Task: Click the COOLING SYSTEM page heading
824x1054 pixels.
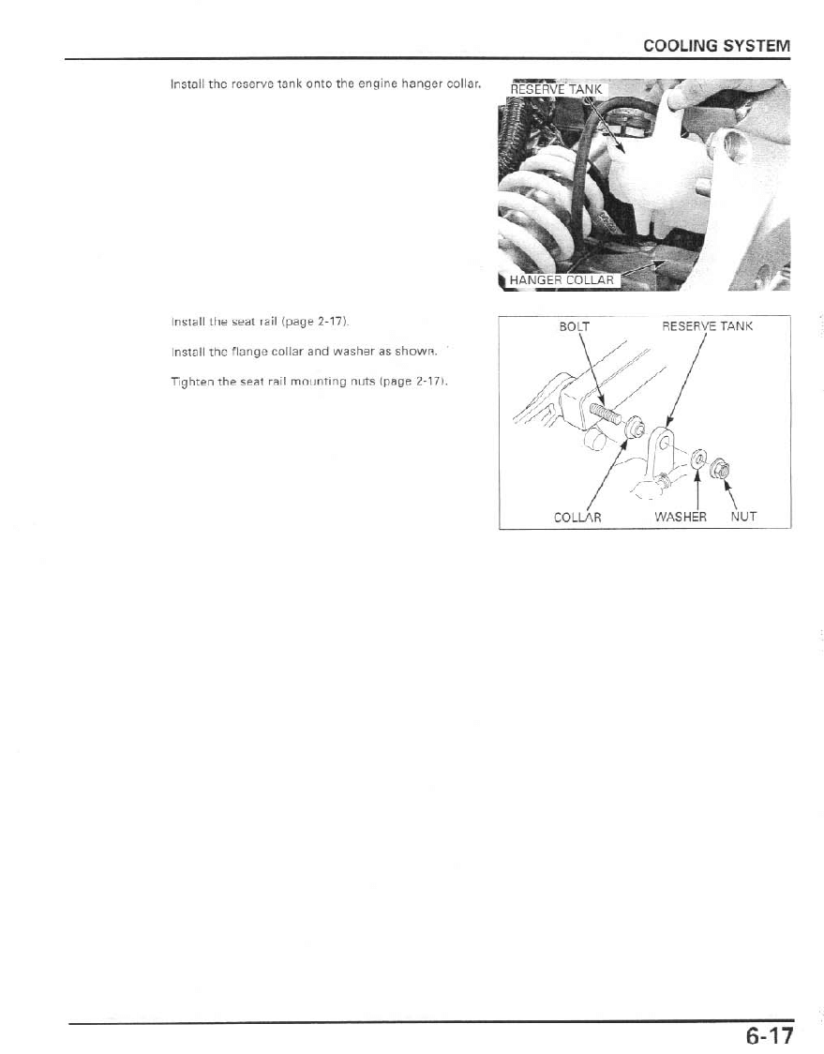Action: click(x=715, y=46)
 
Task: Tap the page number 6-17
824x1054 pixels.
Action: click(x=770, y=1036)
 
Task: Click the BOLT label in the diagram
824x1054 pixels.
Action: click(x=574, y=326)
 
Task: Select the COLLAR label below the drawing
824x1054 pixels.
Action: click(x=577, y=517)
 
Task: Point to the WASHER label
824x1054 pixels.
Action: click(x=682, y=517)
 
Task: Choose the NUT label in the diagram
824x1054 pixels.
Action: click(x=743, y=517)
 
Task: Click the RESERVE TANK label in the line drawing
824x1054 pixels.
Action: click(x=707, y=326)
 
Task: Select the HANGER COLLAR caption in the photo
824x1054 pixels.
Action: click(x=560, y=279)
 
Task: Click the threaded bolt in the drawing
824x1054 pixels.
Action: click(x=601, y=412)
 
